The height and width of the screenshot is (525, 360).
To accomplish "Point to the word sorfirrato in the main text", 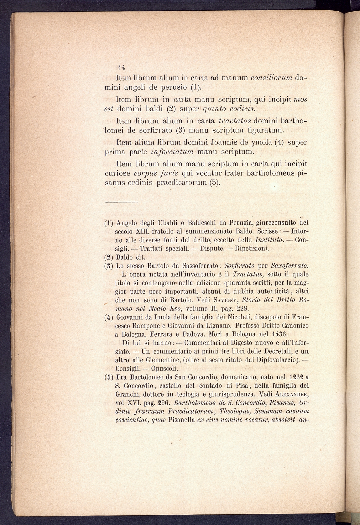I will [x=148, y=129].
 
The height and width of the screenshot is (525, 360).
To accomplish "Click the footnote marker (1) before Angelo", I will [x=108, y=223].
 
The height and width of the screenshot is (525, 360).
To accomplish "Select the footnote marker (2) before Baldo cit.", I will [x=108, y=258].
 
